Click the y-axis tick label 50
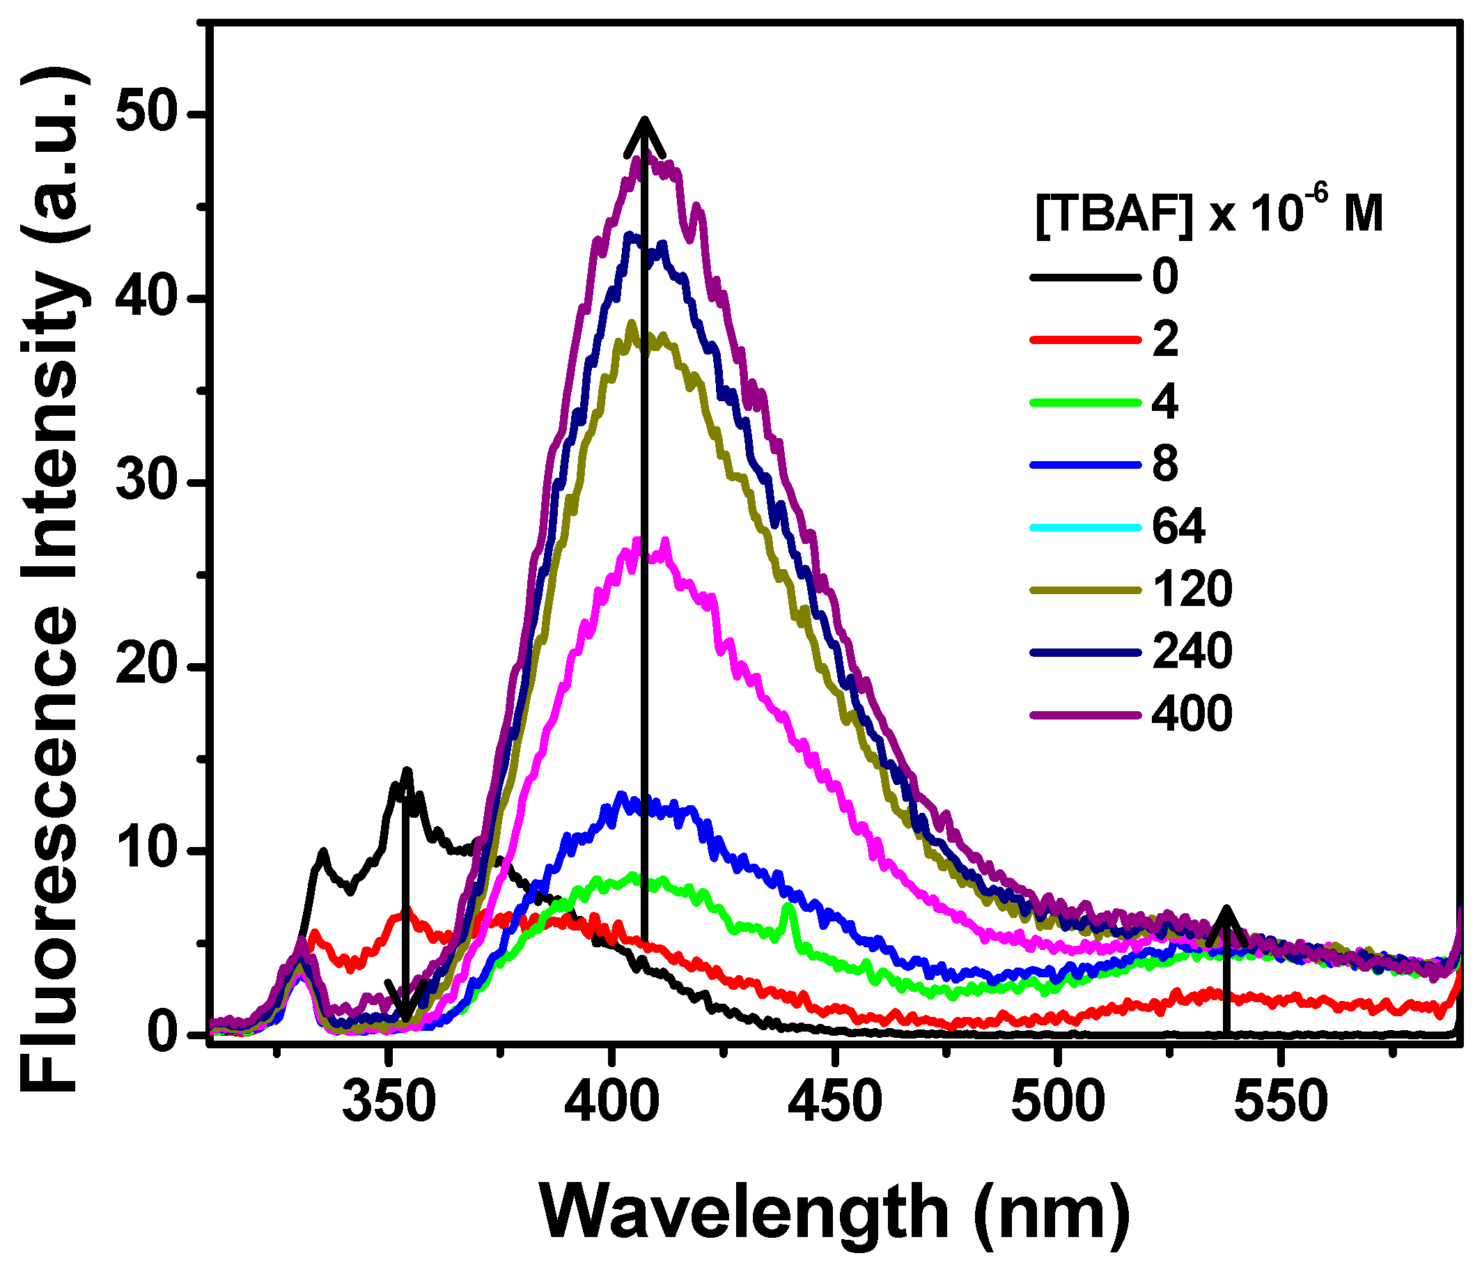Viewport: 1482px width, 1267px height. [x=151, y=115]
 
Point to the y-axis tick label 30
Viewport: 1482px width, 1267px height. [x=151, y=483]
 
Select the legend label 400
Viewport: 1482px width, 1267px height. [x=1192, y=713]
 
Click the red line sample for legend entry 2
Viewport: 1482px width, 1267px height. [x=1085, y=340]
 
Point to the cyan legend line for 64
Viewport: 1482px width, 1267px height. [x=1085, y=527]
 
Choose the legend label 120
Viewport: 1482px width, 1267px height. [x=1192, y=589]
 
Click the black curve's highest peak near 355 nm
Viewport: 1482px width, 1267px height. [x=407, y=770]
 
